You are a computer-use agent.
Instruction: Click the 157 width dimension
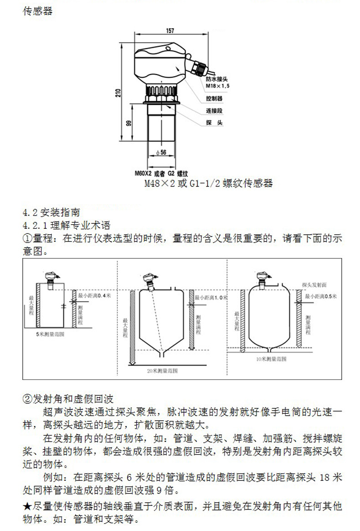170,31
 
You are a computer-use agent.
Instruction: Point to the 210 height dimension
118,94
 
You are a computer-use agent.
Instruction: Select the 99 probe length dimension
129,124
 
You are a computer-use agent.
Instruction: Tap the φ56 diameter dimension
161,153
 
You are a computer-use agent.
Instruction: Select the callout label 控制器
214,98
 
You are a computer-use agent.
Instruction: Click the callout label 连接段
214,111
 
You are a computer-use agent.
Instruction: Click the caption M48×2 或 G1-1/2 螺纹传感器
208,184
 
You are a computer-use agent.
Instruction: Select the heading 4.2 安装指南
51,212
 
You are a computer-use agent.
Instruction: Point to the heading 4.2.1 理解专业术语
67,225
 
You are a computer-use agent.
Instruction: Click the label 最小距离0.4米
95,295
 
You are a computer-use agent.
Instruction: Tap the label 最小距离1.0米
211,297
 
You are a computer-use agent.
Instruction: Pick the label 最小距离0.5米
320,296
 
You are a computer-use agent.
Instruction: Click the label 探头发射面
314,284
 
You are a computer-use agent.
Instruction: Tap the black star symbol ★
27,506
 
